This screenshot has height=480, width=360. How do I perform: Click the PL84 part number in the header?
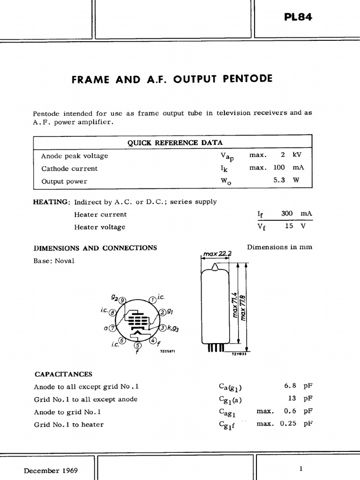click(x=298, y=17)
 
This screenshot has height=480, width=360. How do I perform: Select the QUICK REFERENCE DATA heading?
click(x=175, y=142)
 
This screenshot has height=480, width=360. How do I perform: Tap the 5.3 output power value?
click(x=279, y=181)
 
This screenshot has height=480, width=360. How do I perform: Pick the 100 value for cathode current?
click(x=279, y=168)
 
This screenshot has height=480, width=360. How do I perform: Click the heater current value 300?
click(x=287, y=213)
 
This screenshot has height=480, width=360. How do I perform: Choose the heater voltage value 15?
click(x=289, y=226)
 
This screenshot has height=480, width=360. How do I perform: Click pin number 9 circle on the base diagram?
click(x=122, y=300)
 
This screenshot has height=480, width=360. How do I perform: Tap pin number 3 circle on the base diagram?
click(x=162, y=327)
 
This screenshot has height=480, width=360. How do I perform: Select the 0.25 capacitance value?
click(x=288, y=424)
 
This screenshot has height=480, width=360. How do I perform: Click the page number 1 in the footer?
click(x=301, y=469)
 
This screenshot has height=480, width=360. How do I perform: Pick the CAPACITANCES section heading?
click(x=63, y=374)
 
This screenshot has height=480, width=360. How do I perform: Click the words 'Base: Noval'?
click(x=53, y=261)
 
